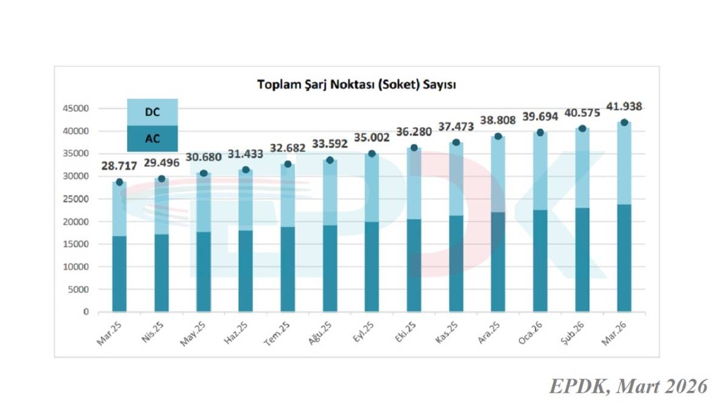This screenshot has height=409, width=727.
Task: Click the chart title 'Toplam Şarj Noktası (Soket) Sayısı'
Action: coord(356,84)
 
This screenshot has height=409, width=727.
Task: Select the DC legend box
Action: coord(152,112)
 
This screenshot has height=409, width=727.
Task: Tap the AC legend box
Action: coord(152,138)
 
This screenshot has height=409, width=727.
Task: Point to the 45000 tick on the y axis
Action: coord(76,108)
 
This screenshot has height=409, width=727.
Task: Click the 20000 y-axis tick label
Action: coord(76,222)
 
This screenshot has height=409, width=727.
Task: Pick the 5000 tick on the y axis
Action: coord(78,290)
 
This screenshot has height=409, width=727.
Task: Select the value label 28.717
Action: coord(119,167)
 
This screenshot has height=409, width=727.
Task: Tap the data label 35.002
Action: coord(372,138)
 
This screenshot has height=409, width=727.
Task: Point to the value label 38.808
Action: coord(498,121)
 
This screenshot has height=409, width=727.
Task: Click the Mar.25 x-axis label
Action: coord(110,333)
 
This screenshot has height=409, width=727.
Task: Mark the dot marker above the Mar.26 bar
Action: coord(624,122)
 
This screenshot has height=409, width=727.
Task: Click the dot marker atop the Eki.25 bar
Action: coord(414,148)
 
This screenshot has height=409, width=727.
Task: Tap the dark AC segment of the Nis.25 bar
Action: coord(161,273)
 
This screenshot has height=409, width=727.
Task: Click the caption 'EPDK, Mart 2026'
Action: coord(628,386)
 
